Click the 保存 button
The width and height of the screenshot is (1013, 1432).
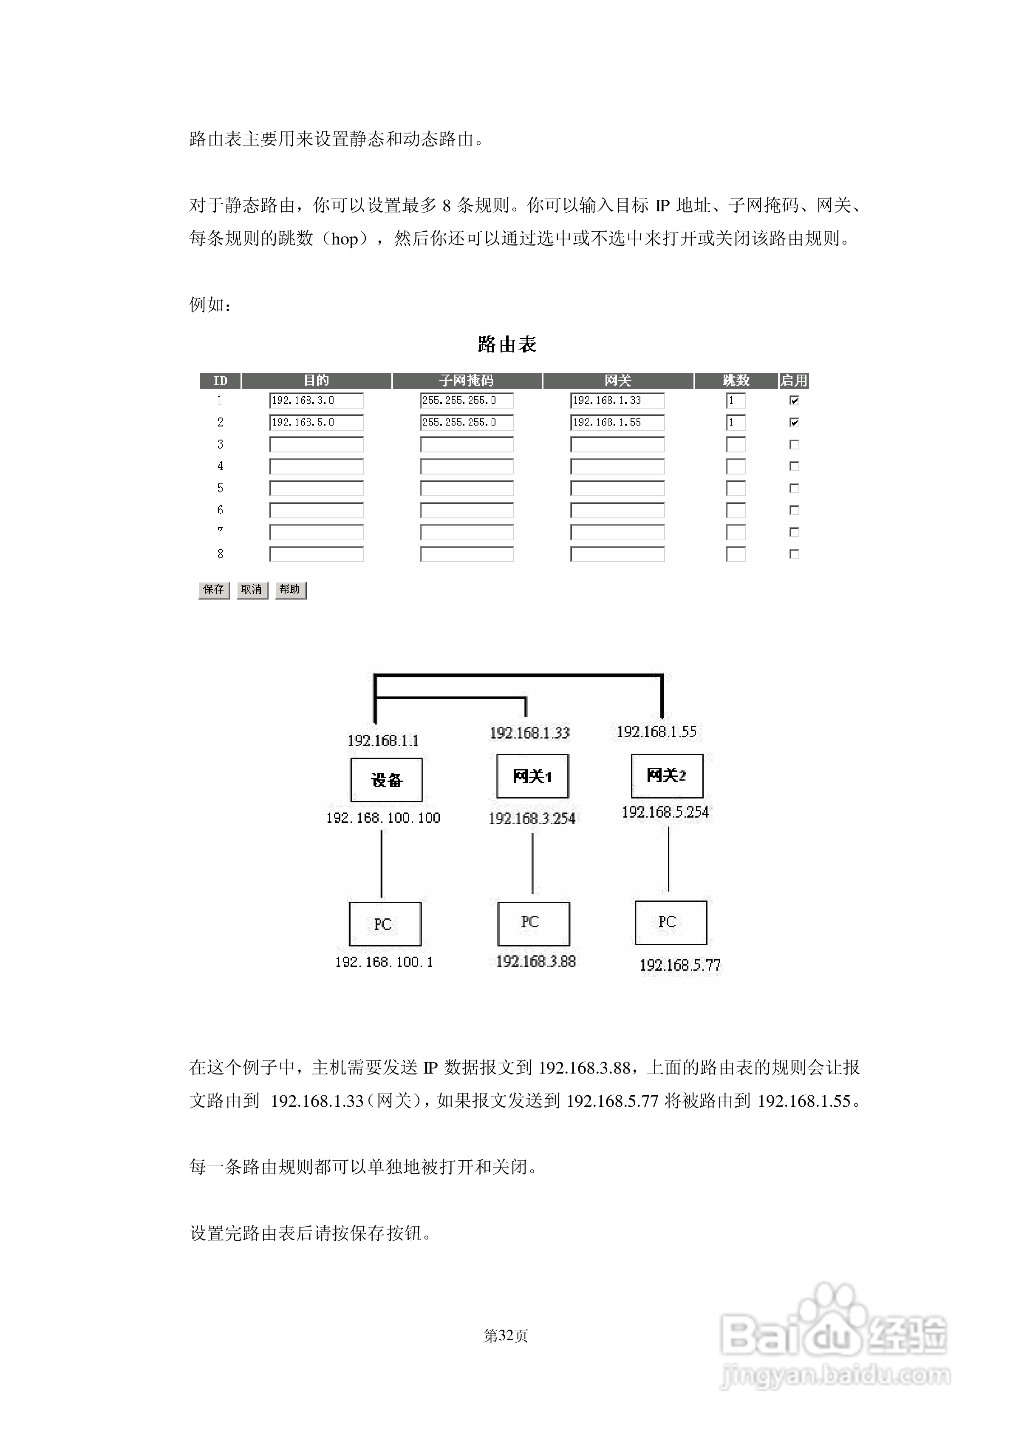[213, 590]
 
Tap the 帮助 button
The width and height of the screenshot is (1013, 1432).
[290, 590]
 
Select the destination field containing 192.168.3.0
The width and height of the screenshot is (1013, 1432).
[316, 401]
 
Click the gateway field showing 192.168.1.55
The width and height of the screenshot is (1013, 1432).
[617, 423]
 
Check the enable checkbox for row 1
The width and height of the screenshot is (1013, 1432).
[794, 401]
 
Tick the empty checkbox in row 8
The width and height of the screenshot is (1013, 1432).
[794, 554]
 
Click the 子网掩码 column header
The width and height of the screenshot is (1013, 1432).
[467, 381]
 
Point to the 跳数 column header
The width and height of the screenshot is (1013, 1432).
[736, 381]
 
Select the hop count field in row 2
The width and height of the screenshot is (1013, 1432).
[736, 423]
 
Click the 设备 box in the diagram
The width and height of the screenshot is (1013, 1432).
[386, 780]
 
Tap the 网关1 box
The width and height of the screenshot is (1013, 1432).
[532, 776]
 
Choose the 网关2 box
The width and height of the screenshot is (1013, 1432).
[667, 776]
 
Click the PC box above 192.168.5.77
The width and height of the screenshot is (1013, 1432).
[671, 922]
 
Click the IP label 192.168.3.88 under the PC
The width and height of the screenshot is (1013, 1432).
[536, 961]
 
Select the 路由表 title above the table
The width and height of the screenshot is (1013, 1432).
[506, 344]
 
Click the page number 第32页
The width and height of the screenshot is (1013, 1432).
[506, 1336]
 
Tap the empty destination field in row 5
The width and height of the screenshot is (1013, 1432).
[316, 489]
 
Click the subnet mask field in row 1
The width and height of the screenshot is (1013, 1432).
[467, 401]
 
